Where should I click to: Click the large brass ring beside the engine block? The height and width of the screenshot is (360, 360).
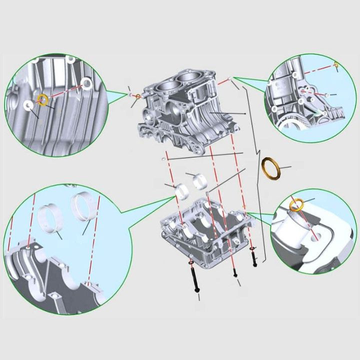coord(271,167)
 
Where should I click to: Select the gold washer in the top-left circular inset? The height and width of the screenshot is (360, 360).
coord(43,99)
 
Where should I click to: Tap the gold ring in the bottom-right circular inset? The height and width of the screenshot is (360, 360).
coord(297,204)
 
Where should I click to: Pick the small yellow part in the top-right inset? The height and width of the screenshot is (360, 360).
coord(336,64)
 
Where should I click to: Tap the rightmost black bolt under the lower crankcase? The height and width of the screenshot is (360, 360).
coord(253,257)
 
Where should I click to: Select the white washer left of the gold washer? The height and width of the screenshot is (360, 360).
coord(28,105)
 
